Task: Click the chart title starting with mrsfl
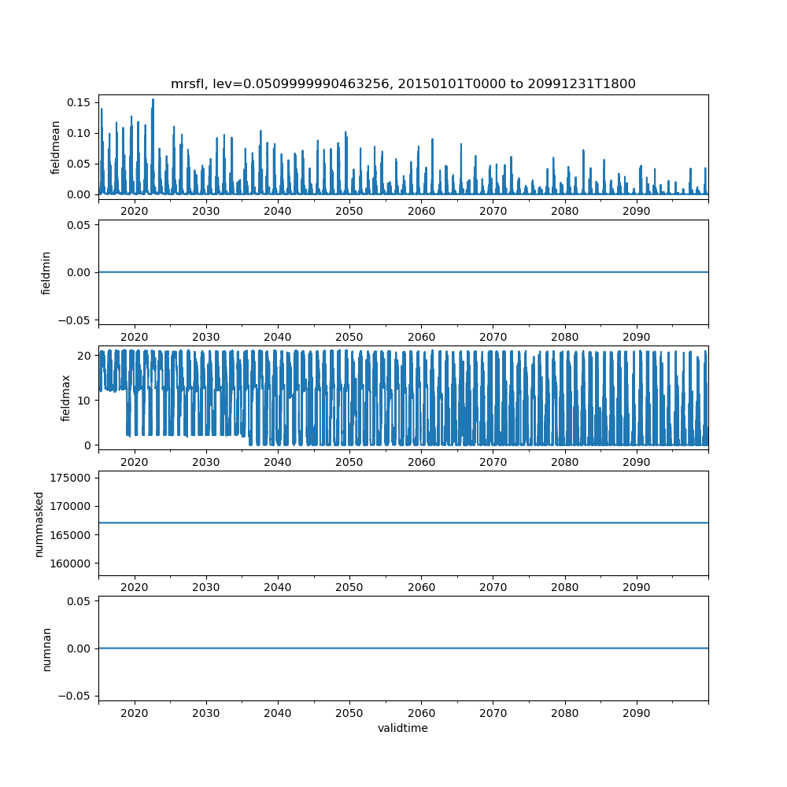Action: click(403, 83)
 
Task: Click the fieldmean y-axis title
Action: click(55, 147)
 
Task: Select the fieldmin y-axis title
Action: click(46, 272)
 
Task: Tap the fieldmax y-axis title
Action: click(66, 397)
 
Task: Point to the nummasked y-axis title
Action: click(39, 523)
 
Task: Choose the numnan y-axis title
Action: click(46, 648)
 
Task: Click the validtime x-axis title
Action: click(403, 729)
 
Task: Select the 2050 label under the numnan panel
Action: click(349, 712)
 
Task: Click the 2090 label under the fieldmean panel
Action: click(636, 212)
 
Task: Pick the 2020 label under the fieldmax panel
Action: click(135, 462)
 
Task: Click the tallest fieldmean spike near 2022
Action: click(153, 100)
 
